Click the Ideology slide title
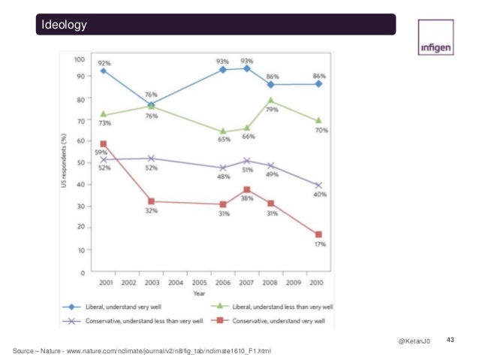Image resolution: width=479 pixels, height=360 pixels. click(x=65, y=25)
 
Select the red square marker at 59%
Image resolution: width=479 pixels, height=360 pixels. click(x=104, y=144)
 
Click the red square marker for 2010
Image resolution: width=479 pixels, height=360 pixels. click(x=318, y=234)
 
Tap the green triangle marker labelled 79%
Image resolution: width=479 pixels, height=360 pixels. click(x=271, y=101)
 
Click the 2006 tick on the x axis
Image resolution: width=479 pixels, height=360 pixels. click(x=223, y=283)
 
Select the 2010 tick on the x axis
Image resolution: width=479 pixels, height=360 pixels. click(x=318, y=283)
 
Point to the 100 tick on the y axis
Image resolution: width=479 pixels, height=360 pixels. click(x=78, y=58)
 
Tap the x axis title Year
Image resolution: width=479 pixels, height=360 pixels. click(x=200, y=293)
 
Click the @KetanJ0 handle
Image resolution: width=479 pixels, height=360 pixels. click(x=414, y=343)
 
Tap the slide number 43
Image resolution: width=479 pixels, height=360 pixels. click(x=451, y=341)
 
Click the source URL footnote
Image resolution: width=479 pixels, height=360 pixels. click(x=143, y=351)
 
